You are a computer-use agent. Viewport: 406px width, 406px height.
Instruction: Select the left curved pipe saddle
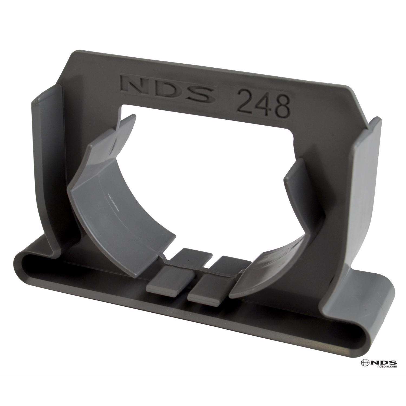click(114, 200)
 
